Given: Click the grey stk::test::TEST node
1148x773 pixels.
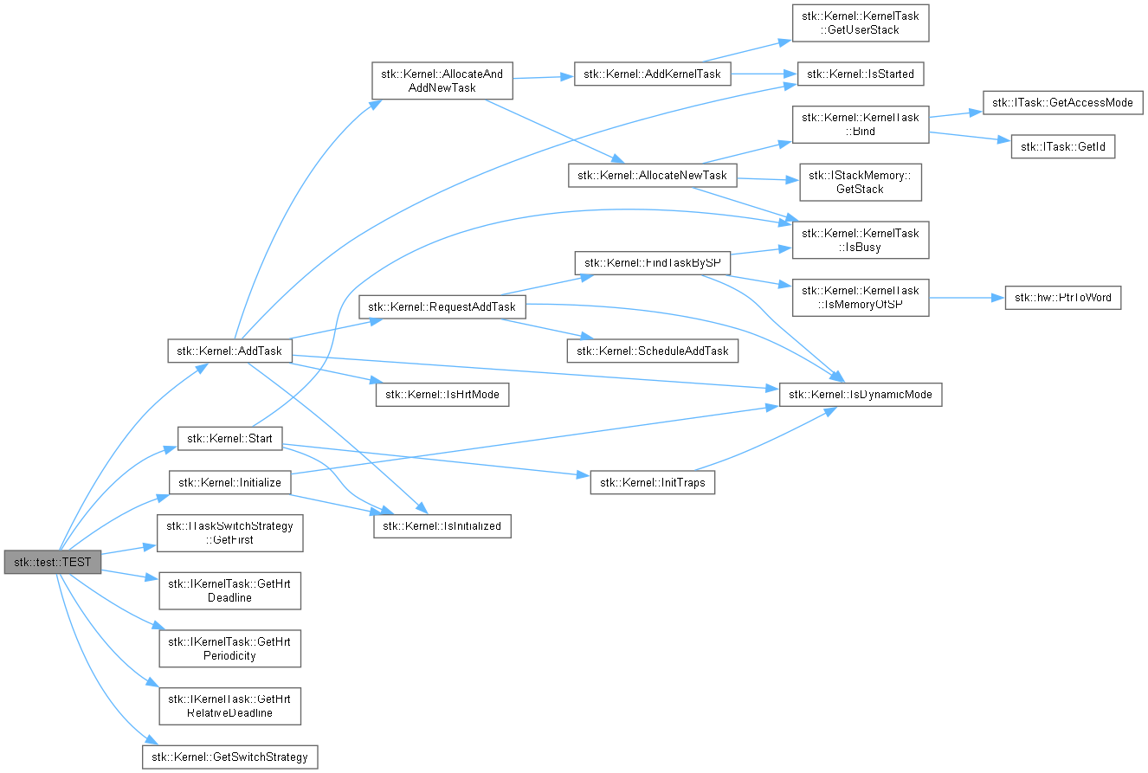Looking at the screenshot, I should (53, 562).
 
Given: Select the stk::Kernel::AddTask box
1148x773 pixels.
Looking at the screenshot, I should (229, 351).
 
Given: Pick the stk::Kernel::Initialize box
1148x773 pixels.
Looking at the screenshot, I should (229, 482).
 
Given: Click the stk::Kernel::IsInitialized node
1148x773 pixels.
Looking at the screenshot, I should (442, 525).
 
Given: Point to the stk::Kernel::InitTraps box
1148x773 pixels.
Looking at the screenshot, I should (653, 482).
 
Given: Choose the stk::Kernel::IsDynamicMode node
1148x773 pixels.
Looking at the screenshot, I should (861, 395).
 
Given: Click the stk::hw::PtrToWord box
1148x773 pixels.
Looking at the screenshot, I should (1063, 298).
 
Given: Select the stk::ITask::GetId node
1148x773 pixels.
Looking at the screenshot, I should (1062, 147).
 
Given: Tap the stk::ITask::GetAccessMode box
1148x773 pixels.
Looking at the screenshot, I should (1061, 102).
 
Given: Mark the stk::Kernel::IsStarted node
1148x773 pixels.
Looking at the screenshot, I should (861, 74).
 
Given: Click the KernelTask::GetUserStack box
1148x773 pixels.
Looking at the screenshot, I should (861, 23).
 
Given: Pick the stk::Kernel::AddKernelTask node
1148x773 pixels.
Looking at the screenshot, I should (653, 74).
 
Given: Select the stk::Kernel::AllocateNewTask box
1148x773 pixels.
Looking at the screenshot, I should (653, 176).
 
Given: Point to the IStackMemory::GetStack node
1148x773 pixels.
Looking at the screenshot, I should (861, 183).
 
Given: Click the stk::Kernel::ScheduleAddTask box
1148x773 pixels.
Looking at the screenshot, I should (653, 350).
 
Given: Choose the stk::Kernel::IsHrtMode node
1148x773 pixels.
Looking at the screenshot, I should (442, 394).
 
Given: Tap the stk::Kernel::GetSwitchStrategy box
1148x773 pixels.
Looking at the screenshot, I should (230, 757).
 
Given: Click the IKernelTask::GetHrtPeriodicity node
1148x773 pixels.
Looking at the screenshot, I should (229, 648).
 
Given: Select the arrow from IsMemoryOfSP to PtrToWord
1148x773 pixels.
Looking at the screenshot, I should (966, 298).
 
